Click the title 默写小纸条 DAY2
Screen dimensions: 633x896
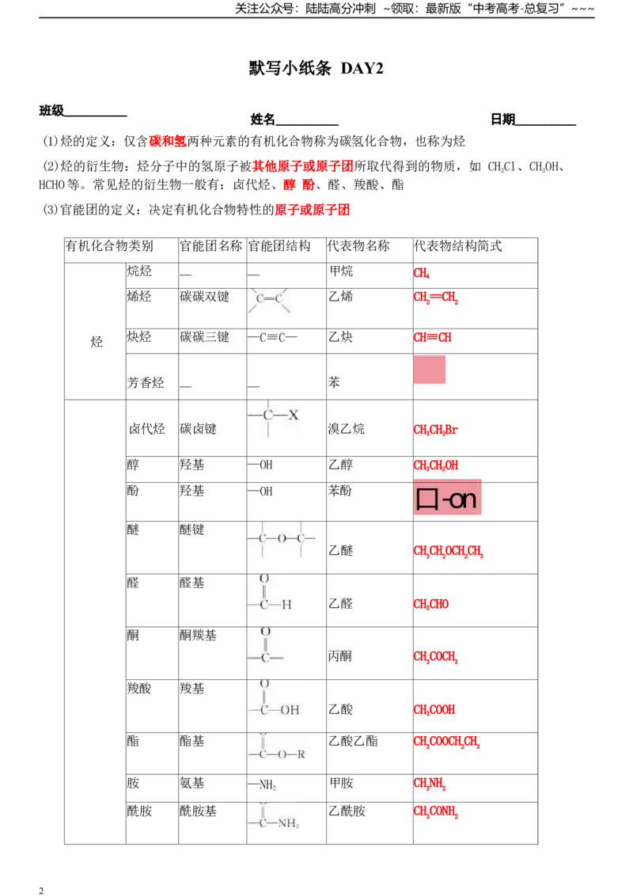click(x=316, y=68)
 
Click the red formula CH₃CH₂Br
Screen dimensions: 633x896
click(x=435, y=430)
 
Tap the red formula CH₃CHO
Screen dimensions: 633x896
click(x=430, y=604)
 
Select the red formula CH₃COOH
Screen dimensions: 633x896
click(x=434, y=710)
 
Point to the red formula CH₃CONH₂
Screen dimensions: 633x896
click(x=435, y=811)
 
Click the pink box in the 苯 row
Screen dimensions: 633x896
click(x=429, y=370)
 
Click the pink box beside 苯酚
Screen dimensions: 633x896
click(x=447, y=497)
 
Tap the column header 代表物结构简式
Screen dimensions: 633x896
click(x=457, y=246)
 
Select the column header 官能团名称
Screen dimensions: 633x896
click(x=210, y=246)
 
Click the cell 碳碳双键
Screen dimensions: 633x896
click(x=204, y=297)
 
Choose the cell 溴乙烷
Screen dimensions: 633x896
click(x=347, y=428)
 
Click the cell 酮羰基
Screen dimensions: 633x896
click(x=199, y=636)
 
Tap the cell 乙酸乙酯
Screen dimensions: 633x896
click(x=353, y=741)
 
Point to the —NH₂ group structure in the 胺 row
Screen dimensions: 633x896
click(x=262, y=784)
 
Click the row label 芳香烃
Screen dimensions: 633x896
click(x=146, y=382)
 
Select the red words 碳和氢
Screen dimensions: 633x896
click(x=168, y=141)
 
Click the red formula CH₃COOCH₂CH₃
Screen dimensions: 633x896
click(x=446, y=742)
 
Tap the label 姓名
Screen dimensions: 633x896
click(x=263, y=119)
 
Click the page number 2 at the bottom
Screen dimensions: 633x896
click(x=41, y=890)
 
